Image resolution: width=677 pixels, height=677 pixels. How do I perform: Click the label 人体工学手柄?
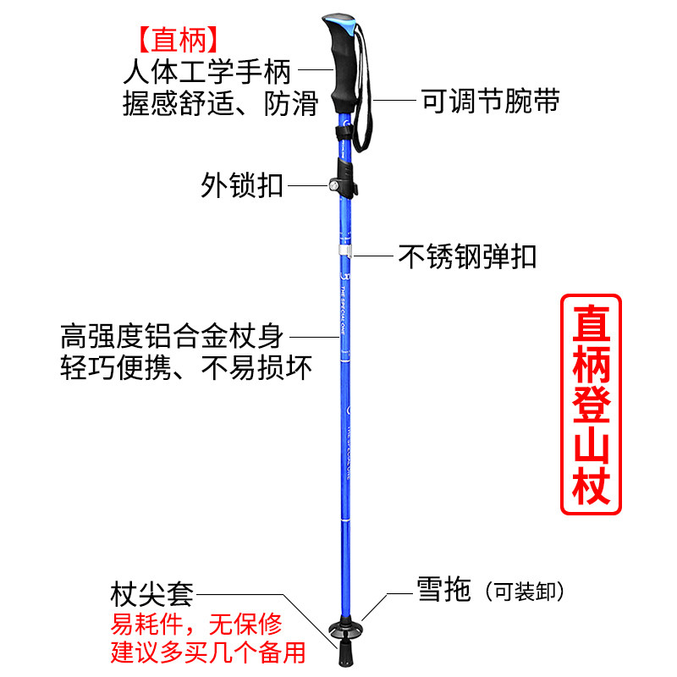click(207, 70)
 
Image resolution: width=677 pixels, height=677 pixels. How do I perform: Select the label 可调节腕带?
click(490, 102)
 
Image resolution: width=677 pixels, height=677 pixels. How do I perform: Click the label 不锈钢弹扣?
click(467, 256)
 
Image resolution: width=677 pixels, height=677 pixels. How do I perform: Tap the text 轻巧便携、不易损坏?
click(186, 368)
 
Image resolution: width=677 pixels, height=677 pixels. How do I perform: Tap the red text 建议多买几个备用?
click(208, 653)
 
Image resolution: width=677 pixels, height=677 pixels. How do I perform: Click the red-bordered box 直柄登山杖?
click(592, 404)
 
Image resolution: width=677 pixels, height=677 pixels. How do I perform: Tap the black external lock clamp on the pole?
click(344, 180)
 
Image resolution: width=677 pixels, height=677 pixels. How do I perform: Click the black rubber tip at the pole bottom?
click(346, 652)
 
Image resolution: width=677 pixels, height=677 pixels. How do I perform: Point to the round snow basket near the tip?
click(347, 630)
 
